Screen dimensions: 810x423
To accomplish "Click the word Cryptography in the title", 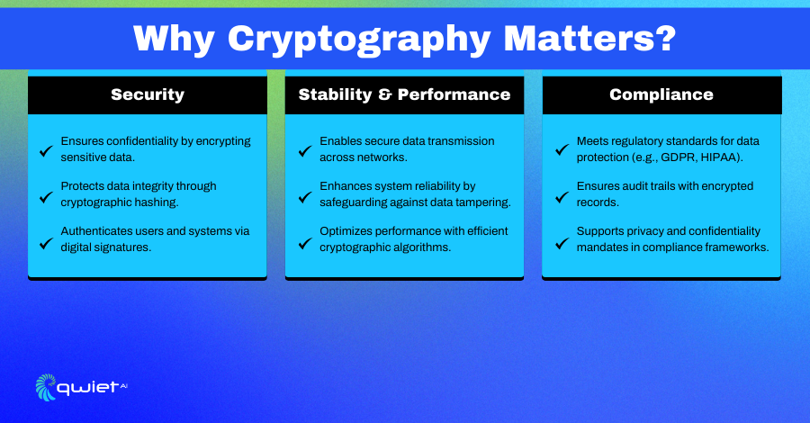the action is [x=359, y=40].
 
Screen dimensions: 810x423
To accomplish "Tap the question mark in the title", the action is [x=666, y=37].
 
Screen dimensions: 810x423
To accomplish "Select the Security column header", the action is [x=148, y=95].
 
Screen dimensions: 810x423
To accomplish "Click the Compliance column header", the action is [x=661, y=95].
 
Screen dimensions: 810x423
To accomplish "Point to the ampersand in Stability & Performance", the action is [x=385, y=94].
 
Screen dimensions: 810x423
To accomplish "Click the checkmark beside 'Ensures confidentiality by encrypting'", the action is [x=46, y=151].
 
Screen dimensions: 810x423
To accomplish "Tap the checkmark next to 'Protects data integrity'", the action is [x=46, y=197].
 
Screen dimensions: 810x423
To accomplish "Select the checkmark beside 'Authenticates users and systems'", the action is [x=46, y=243].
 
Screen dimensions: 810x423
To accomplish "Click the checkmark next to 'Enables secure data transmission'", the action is [x=305, y=151].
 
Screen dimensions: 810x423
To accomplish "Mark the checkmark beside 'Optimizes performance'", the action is [x=305, y=243].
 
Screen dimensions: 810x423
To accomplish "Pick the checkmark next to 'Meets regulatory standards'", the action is [x=562, y=149].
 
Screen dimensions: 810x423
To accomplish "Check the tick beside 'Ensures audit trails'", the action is [x=562, y=197].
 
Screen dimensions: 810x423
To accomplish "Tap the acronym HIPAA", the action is [x=720, y=157].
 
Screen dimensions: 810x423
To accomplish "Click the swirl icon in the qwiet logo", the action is [x=46, y=387].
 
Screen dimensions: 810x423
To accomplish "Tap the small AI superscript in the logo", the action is [x=123, y=385].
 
